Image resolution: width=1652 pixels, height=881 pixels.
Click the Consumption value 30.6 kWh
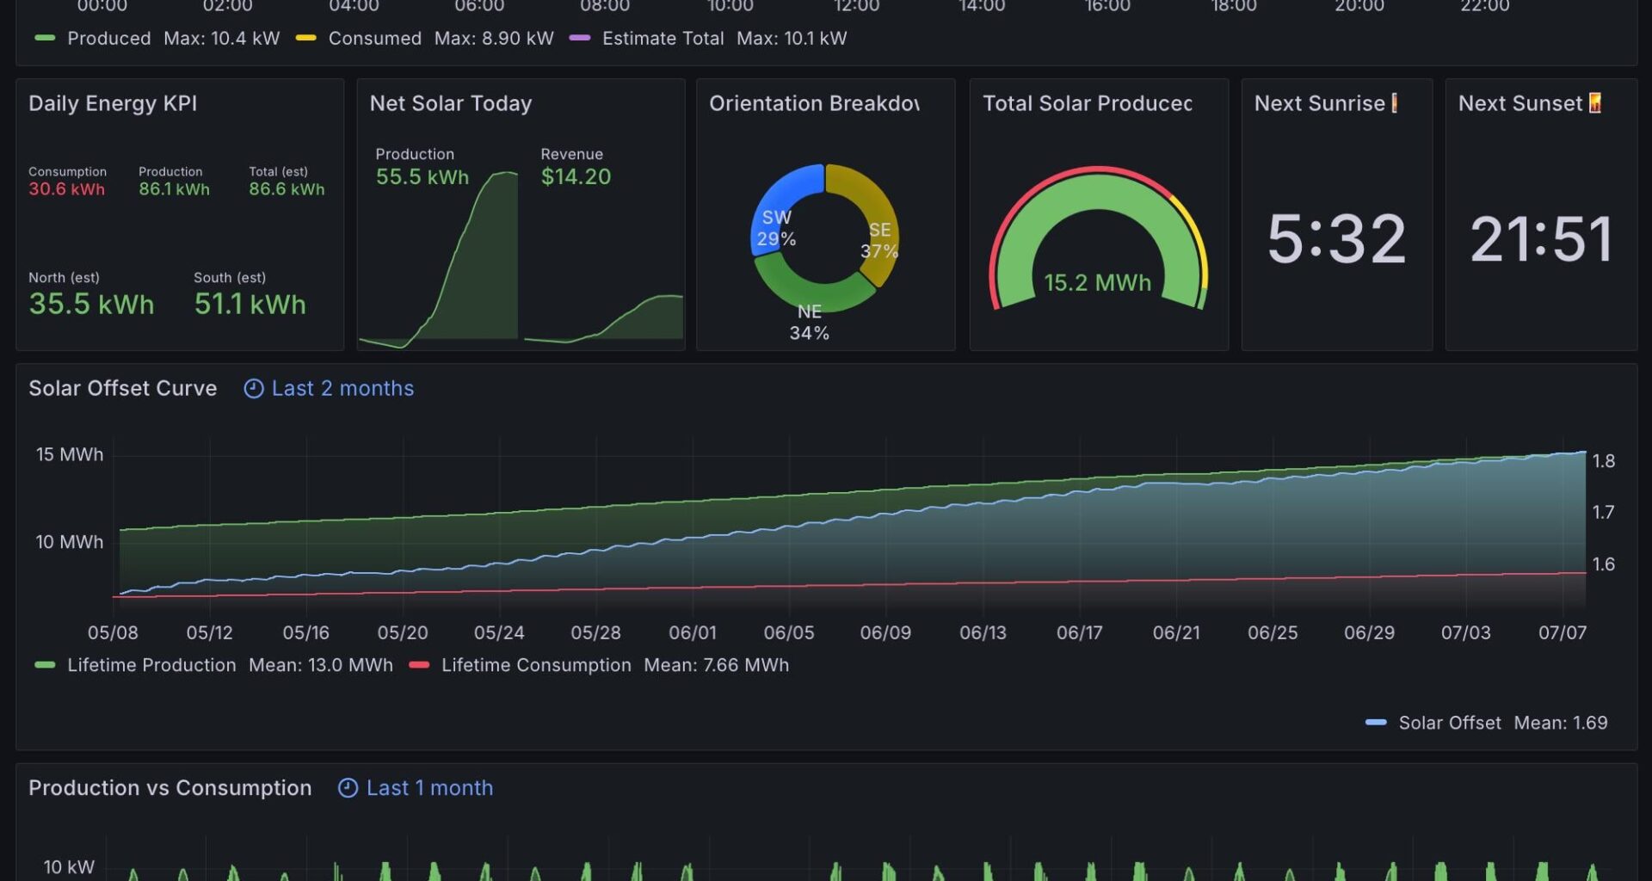(x=66, y=189)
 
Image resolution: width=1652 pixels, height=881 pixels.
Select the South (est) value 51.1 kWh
(x=250, y=305)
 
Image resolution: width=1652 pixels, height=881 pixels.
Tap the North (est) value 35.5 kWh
(x=91, y=305)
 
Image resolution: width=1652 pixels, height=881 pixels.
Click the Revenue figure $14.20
(x=576, y=177)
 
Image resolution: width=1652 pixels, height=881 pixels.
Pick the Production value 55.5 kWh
(x=422, y=177)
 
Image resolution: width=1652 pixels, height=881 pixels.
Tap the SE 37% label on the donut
(x=879, y=241)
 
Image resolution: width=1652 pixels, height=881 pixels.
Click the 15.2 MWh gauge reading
(x=1097, y=283)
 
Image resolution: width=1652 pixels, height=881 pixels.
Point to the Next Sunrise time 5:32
(x=1336, y=239)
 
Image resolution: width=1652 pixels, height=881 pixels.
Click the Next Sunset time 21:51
(x=1541, y=239)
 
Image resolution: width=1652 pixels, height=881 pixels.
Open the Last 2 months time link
(x=342, y=389)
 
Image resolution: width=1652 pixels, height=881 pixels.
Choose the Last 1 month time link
(x=428, y=788)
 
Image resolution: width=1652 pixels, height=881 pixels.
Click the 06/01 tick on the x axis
(x=692, y=633)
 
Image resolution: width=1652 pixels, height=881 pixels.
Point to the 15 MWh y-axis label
(x=69, y=454)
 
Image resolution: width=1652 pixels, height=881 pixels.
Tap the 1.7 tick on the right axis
(x=1603, y=513)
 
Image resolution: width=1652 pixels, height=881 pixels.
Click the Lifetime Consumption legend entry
(x=535, y=665)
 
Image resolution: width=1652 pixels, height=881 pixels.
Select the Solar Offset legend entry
(x=1449, y=723)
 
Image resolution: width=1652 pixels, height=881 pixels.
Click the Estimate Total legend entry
(x=662, y=39)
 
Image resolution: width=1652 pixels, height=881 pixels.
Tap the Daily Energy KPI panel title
(x=113, y=104)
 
